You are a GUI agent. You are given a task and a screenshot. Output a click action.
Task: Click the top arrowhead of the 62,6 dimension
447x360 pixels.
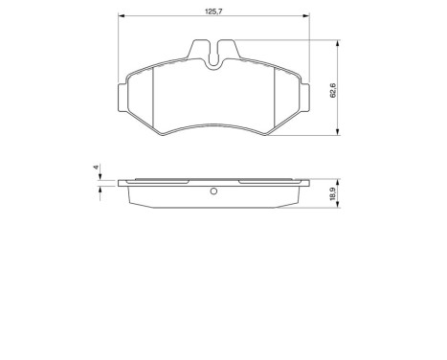(339, 43)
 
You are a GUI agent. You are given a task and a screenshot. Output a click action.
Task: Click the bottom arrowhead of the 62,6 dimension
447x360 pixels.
(339, 134)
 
